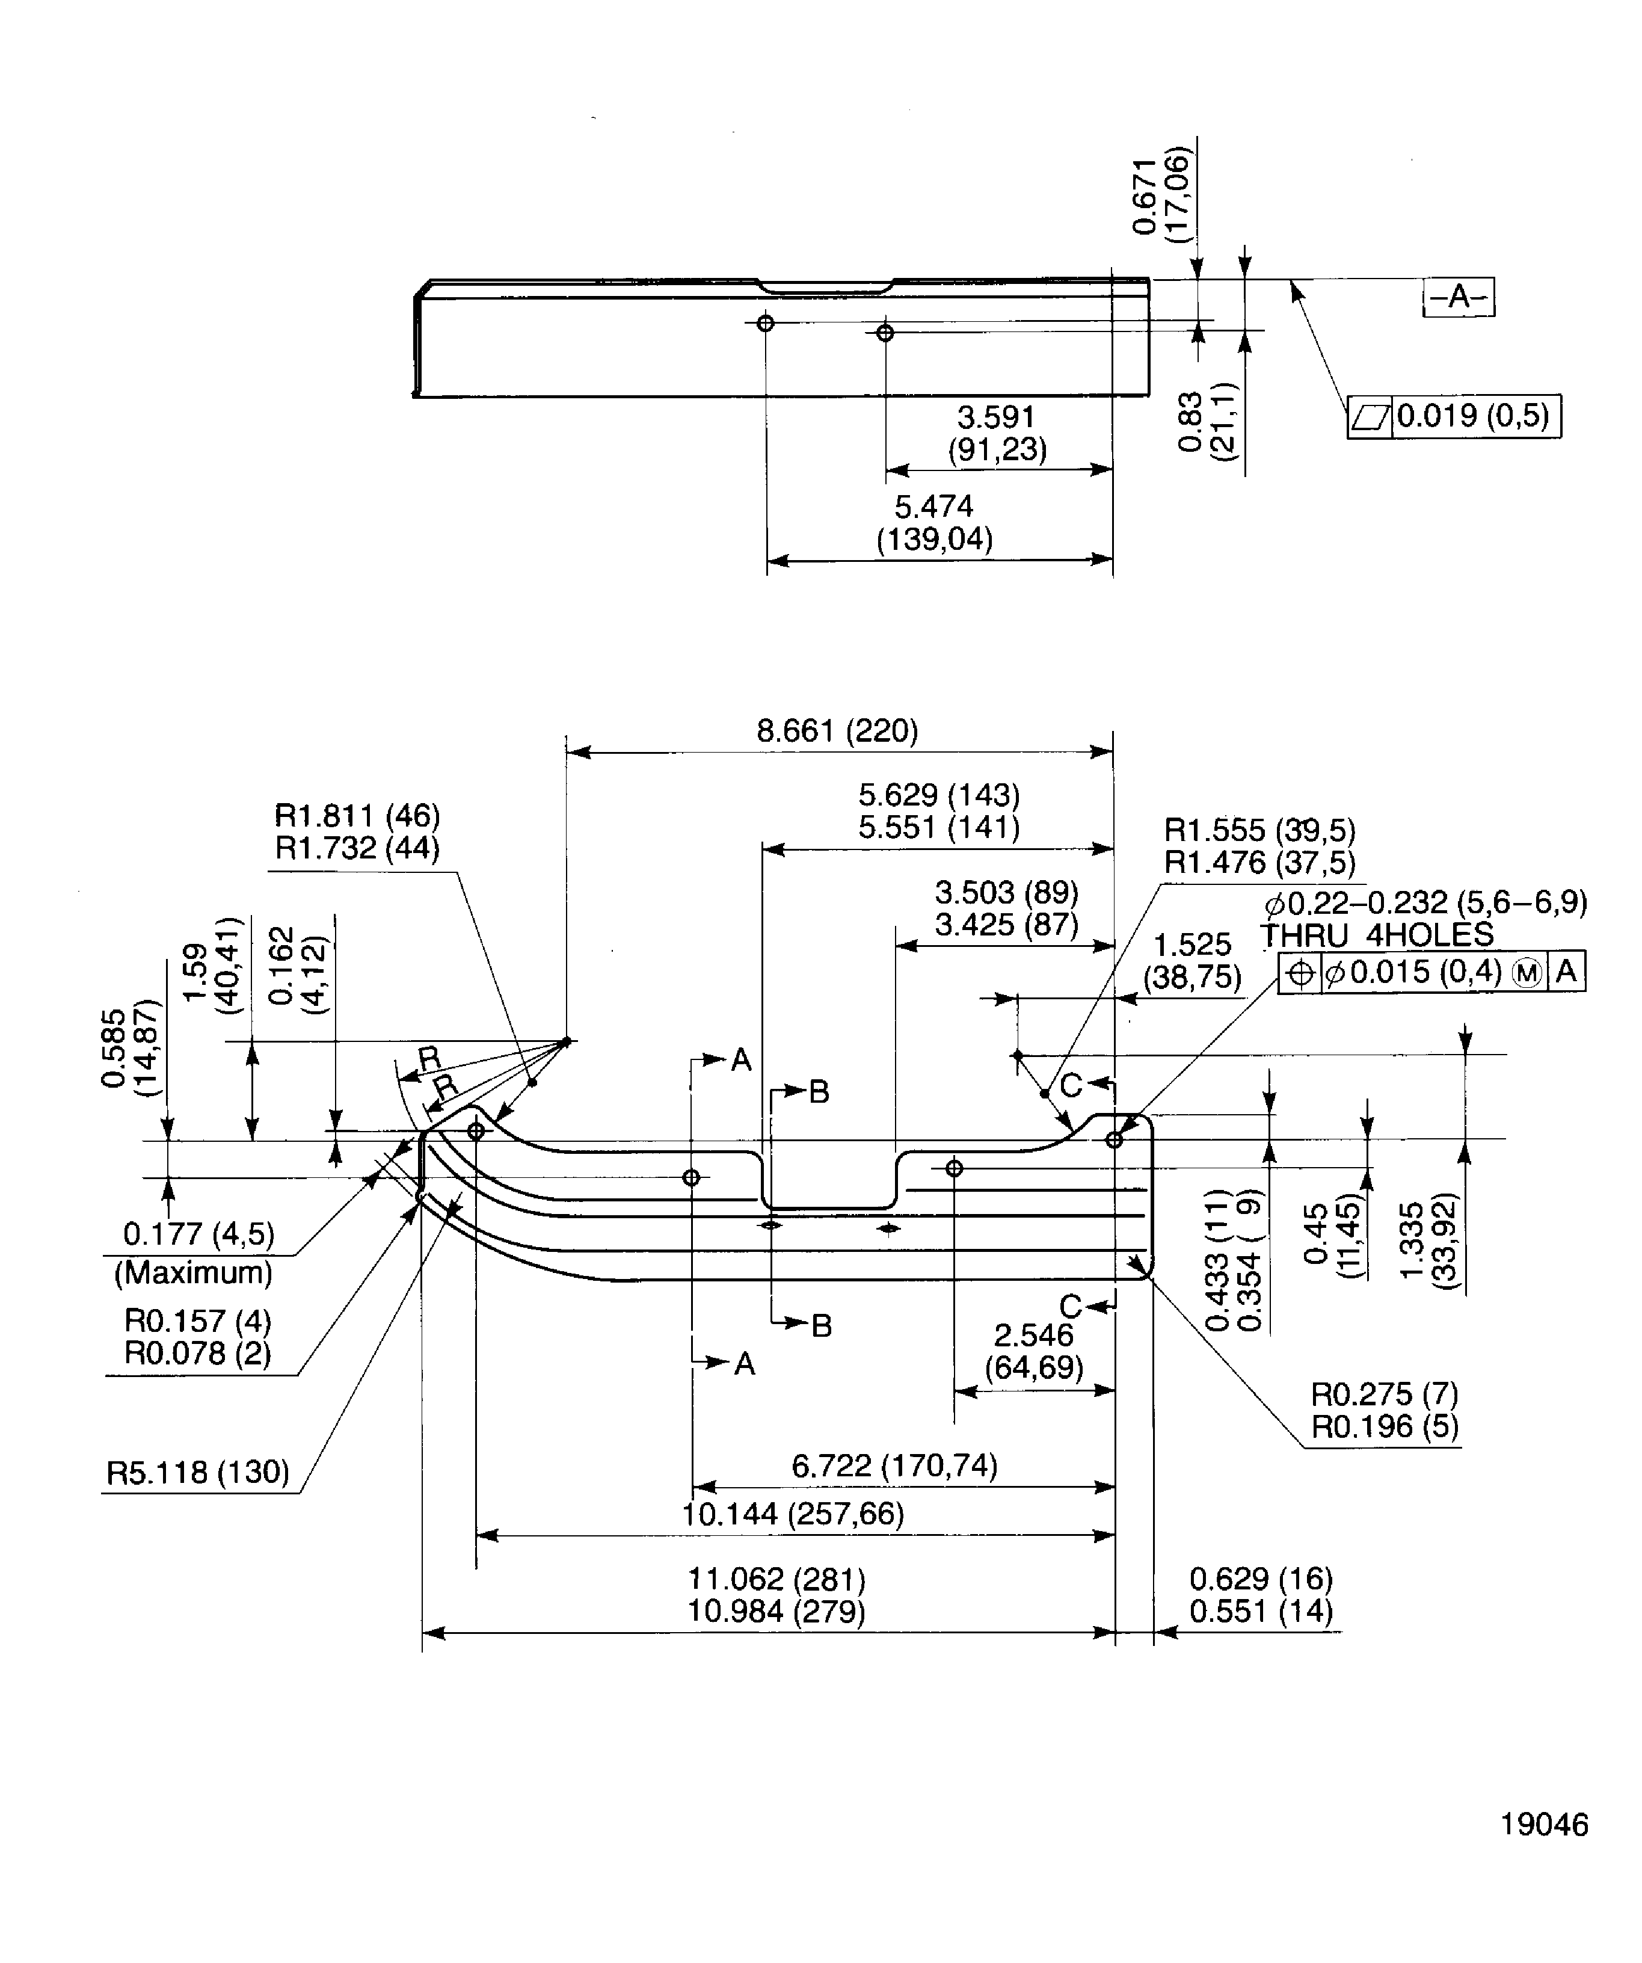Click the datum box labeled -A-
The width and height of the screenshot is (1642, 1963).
(x=1458, y=297)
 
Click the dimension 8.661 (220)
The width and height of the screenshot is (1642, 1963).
(x=837, y=731)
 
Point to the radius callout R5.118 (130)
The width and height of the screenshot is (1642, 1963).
(x=198, y=1472)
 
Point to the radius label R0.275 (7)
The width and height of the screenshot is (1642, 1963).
(x=1384, y=1394)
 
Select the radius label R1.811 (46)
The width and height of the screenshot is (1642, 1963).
(x=357, y=815)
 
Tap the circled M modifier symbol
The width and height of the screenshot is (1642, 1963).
(x=1527, y=973)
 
